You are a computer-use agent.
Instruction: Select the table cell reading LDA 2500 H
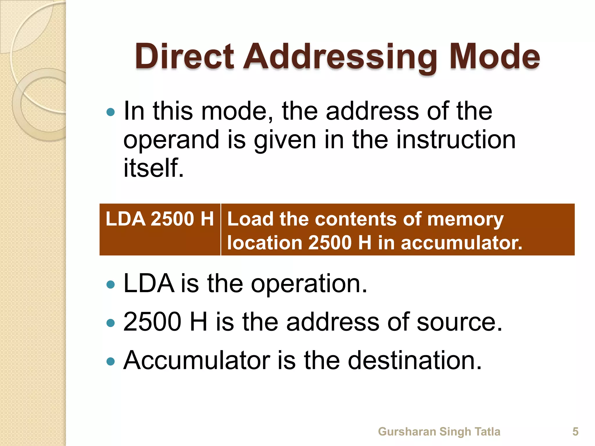pyautogui.click(x=160, y=219)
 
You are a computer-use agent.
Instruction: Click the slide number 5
pyautogui.click(x=575, y=431)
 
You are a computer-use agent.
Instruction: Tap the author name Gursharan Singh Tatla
pyautogui.click(x=439, y=431)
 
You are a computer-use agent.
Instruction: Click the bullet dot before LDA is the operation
pyautogui.click(x=111, y=285)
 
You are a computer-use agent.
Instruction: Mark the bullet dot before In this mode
pyautogui.click(x=111, y=112)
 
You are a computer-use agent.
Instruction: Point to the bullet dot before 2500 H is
pyautogui.click(x=111, y=323)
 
